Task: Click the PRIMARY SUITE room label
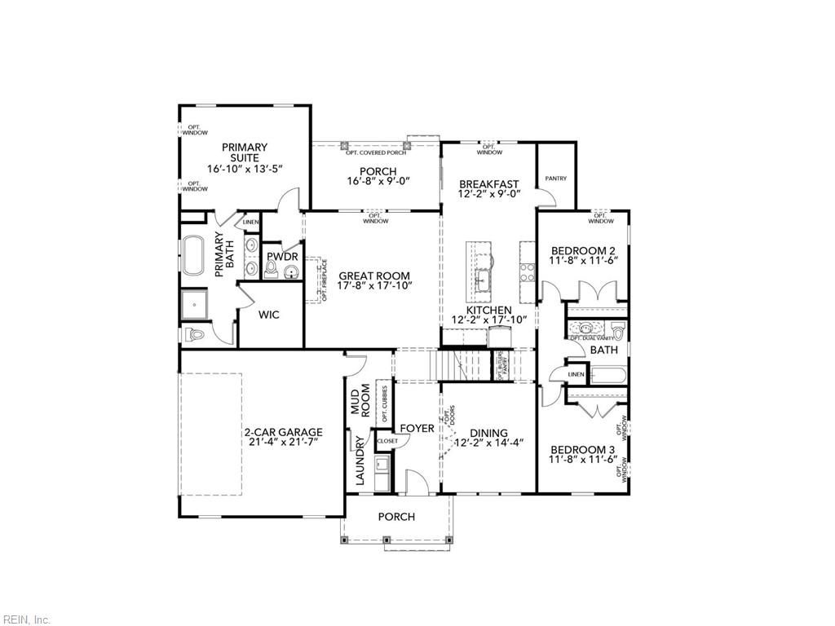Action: pos(245,152)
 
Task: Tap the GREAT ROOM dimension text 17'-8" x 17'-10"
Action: pos(374,286)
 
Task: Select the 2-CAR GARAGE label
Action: pos(282,433)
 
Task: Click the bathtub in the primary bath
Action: pos(193,256)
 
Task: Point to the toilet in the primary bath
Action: pos(197,334)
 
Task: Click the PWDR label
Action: pos(282,257)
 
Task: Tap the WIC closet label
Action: pos(269,315)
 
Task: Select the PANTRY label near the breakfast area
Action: pos(556,179)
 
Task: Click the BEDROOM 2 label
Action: pos(582,251)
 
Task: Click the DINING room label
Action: pos(488,433)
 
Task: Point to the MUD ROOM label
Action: pos(360,400)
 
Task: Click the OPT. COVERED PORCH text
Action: pos(375,152)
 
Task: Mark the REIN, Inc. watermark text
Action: pos(26,619)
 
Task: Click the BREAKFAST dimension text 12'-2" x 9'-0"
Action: pos(488,196)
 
